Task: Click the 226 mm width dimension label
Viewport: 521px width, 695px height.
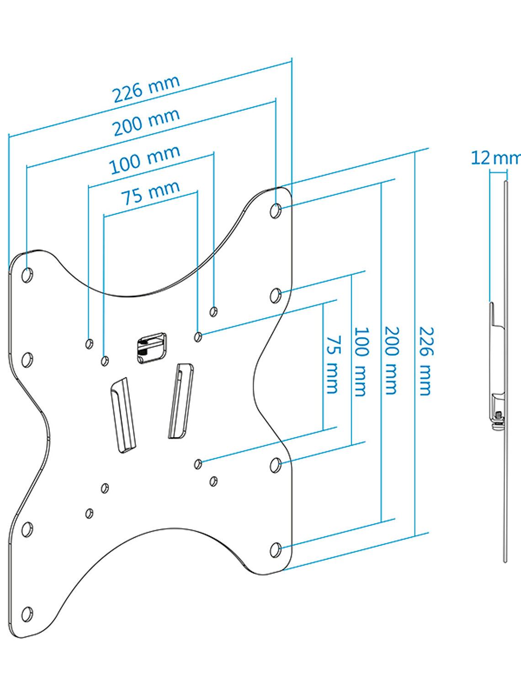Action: click(x=146, y=89)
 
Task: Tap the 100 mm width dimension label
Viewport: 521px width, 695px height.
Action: click(x=144, y=160)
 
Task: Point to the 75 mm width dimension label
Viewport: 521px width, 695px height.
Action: click(x=150, y=193)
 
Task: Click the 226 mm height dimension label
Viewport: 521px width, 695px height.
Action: click(x=425, y=361)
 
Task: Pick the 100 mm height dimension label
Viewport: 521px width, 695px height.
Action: click(x=361, y=361)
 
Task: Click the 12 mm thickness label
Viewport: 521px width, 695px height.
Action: click(x=495, y=158)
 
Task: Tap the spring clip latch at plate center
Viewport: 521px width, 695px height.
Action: click(x=151, y=348)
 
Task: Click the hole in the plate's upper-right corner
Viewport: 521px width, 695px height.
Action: click(x=276, y=211)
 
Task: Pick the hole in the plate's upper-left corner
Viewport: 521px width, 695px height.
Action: click(x=27, y=276)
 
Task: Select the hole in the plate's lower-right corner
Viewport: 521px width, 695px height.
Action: click(x=276, y=550)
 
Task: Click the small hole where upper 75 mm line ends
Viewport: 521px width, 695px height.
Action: click(x=198, y=337)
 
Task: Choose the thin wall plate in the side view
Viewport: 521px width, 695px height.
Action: click(x=505, y=503)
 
